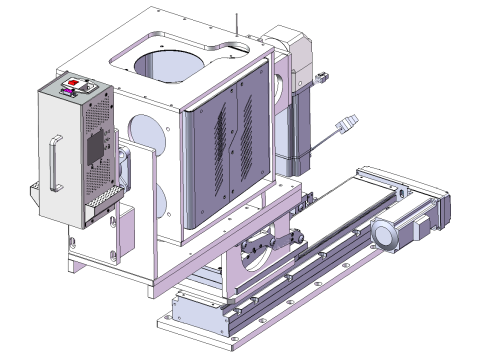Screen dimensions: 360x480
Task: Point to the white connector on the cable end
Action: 349,125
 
